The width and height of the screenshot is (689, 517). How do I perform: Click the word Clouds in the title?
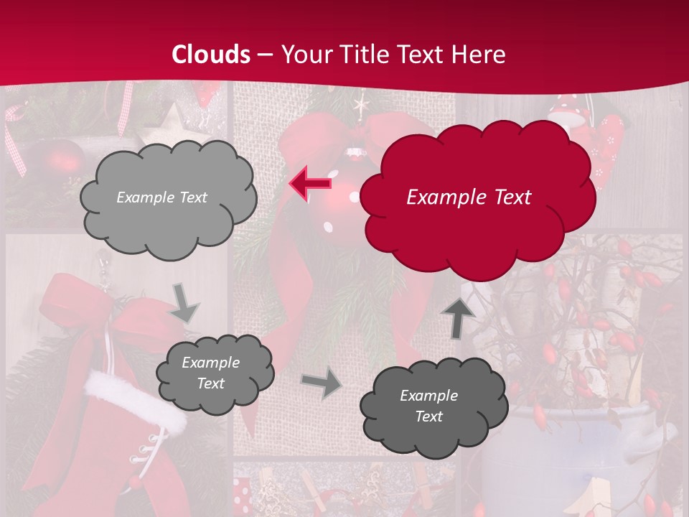coord(211,55)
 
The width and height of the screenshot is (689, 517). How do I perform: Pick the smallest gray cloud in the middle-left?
coord(215,373)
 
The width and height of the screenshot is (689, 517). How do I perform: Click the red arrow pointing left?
coord(310,183)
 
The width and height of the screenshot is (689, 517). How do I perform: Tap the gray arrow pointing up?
coord(457,317)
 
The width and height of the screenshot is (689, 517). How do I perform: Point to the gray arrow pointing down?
coord(184,304)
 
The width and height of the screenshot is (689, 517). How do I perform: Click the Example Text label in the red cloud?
coord(469,197)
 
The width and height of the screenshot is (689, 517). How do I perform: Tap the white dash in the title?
coord(265,55)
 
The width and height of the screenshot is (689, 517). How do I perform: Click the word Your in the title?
coord(304,55)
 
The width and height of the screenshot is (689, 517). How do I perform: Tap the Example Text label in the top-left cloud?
coord(161,197)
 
